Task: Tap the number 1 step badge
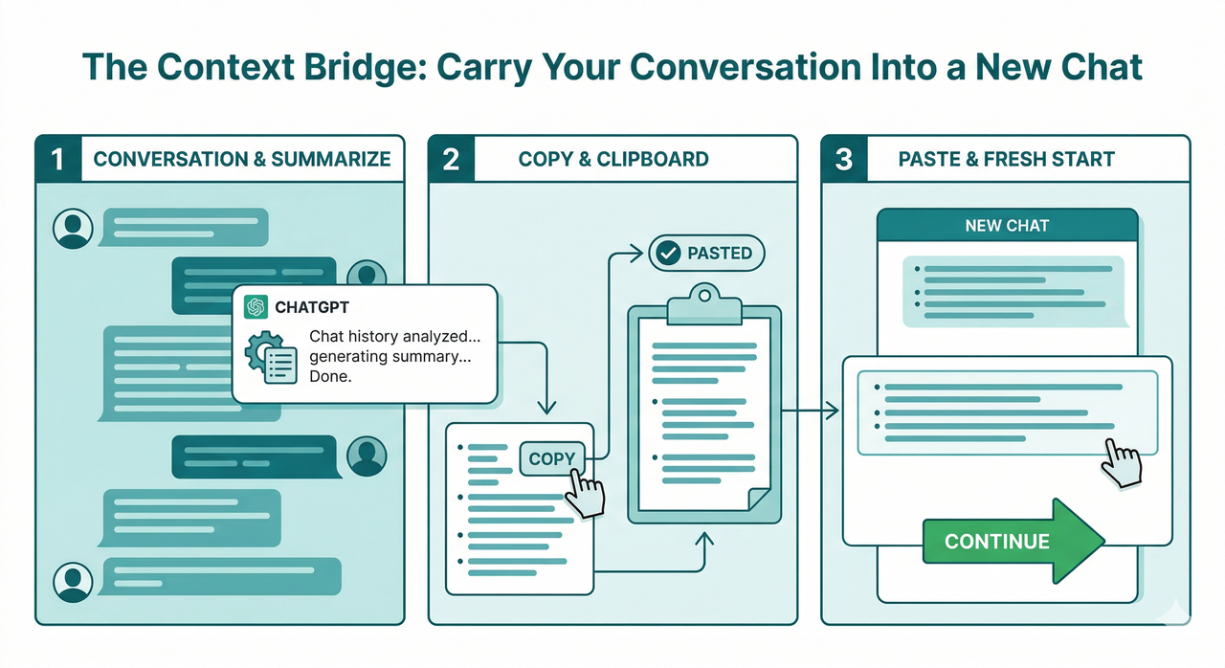(x=58, y=159)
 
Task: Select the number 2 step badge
(x=451, y=159)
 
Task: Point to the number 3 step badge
(x=844, y=159)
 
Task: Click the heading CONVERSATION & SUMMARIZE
(x=242, y=159)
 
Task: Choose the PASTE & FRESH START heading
(x=1006, y=159)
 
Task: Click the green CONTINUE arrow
(x=1010, y=541)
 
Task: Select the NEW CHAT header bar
(x=1007, y=226)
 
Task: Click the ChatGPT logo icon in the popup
(x=256, y=307)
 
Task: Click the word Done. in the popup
(x=330, y=377)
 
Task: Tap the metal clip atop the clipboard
(x=703, y=305)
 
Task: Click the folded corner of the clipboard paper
(x=756, y=498)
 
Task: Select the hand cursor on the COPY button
(x=583, y=493)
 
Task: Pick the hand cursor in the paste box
(x=1121, y=463)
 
